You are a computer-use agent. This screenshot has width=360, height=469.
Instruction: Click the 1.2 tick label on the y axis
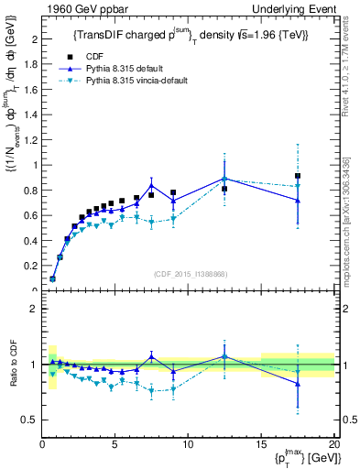(x=30, y=140)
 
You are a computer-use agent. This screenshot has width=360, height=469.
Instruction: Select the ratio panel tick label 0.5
(x=30, y=420)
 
